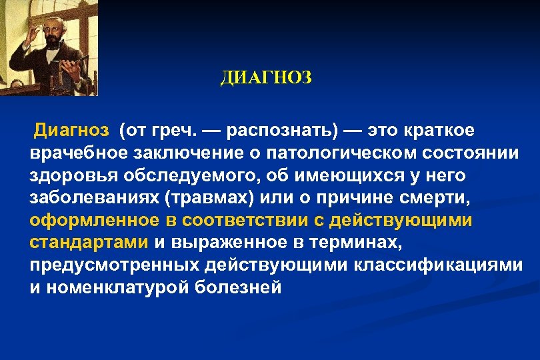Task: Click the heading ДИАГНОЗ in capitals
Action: tap(265, 79)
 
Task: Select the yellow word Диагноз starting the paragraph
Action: tap(66, 128)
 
